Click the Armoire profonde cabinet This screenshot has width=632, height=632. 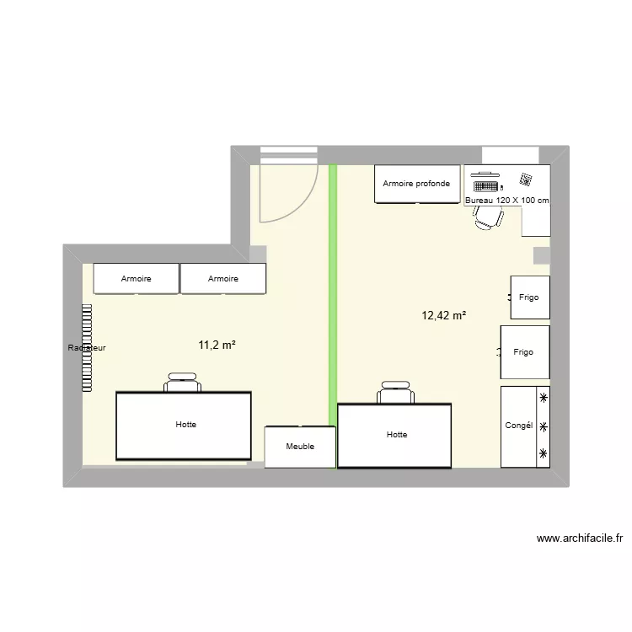[x=416, y=184]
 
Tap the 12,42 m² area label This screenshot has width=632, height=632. [x=444, y=315]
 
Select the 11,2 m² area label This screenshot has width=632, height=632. [x=217, y=345]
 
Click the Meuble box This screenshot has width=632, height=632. [x=300, y=447]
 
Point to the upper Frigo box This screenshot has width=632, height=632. [x=529, y=297]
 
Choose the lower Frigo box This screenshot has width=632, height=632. [x=525, y=352]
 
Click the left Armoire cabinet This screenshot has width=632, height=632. [x=136, y=279]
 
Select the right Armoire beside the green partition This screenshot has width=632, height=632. [x=223, y=279]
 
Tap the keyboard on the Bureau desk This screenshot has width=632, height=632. [x=486, y=185]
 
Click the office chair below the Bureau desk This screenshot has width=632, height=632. [x=488, y=217]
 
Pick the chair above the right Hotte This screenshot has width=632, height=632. [x=395, y=394]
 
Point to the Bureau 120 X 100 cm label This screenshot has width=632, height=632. [x=506, y=201]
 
